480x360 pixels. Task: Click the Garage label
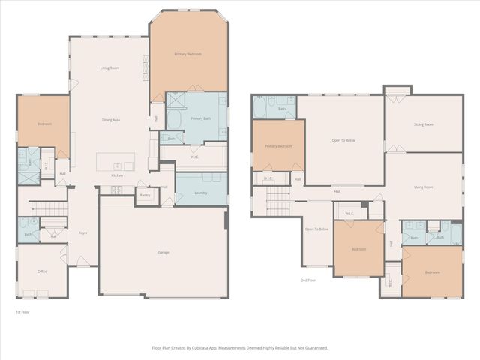tap(163, 252)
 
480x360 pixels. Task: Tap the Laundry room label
tap(200, 193)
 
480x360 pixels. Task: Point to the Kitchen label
tap(117, 175)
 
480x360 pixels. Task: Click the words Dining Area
tap(112, 120)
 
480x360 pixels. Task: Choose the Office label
tap(42, 271)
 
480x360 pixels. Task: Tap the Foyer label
tap(83, 233)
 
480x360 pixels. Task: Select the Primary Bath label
tap(201, 118)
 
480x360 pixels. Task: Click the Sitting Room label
tap(424, 124)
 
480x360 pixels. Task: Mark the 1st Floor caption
tap(23, 311)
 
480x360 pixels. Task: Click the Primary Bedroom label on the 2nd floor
tap(277, 146)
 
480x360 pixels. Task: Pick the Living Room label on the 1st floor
tap(110, 67)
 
